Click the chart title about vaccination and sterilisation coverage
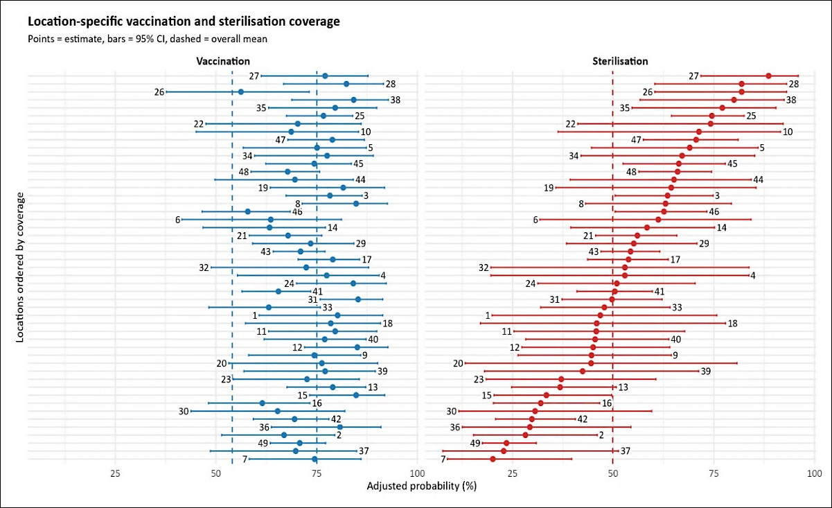click(184, 21)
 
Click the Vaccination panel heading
click(223, 61)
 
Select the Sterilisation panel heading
click(620, 61)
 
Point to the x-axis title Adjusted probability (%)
click(422, 486)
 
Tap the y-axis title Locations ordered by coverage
click(20, 268)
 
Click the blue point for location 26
click(240, 91)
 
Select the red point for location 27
click(768, 76)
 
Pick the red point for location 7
click(493, 459)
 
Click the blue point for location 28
click(346, 84)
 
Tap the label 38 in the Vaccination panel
click(395, 100)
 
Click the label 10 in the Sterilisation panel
click(788, 132)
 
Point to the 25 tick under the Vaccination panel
click(115, 474)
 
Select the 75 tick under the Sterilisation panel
click(714, 474)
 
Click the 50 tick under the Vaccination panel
click(216, 474)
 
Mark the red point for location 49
click(506, 443)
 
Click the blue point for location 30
click(278, 411)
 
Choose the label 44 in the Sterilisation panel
click(758, 180)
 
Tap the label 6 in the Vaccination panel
click(177, 220)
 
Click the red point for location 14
click(646, 227)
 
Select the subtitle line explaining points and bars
click(148, 39)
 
